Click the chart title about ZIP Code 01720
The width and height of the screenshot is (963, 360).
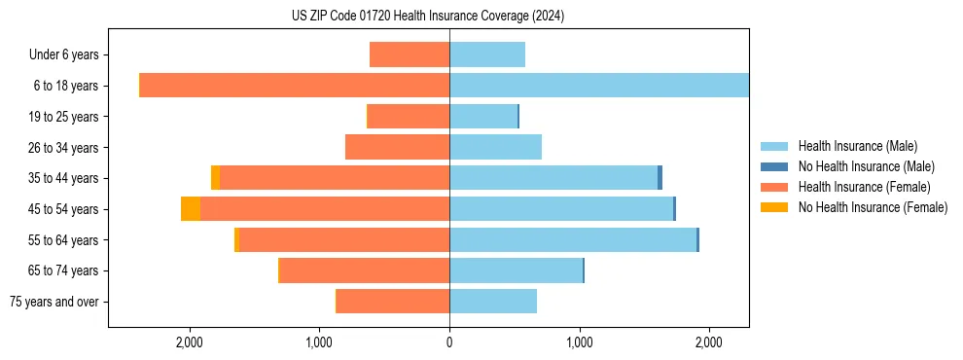click(427, 17)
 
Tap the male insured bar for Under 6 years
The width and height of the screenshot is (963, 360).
click(487, 54)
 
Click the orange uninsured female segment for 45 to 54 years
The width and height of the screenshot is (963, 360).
click(191, 208)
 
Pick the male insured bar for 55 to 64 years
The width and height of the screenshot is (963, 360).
click(573, 239)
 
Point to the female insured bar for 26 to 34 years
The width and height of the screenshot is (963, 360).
click(397, 147)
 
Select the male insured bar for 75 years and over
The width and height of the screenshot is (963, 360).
click(493, 302)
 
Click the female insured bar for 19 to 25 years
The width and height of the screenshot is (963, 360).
click(409, 117)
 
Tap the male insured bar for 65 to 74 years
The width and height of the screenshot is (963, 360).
click(516, 270)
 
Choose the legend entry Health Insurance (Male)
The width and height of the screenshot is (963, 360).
click(856, 146)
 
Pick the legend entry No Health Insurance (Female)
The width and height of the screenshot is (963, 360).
click(873, 207)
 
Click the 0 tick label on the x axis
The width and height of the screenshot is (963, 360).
click(449, 342)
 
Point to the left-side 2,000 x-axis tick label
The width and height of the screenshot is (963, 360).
click(189, 342)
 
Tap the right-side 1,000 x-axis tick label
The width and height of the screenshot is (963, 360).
click(580, 342)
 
